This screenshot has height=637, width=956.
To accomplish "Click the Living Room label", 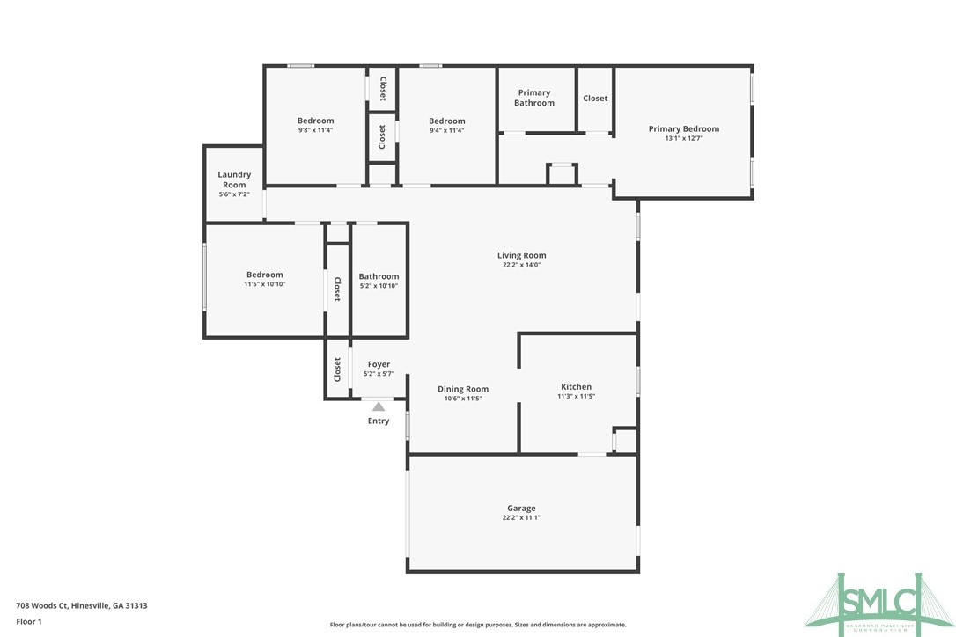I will coord(521,255).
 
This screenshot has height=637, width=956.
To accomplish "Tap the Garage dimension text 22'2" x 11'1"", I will coord(521,518).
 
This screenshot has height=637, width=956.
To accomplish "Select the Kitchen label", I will coord(577,386).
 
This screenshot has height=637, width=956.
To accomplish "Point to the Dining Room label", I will coord(463,389).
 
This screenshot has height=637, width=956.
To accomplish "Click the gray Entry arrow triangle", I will coord(379,406).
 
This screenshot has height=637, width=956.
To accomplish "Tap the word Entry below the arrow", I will coord(379,421).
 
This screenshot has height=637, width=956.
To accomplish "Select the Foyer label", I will coord(379,364).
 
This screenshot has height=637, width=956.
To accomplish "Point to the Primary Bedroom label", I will coord(683,128).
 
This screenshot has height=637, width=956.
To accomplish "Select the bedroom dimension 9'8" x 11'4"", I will coord(315,130).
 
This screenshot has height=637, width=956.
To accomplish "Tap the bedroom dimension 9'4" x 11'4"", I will coord(446,130).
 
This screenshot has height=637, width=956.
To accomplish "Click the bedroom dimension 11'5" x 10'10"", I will coord(264,284).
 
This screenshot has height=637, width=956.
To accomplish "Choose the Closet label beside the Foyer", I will coord(337,370).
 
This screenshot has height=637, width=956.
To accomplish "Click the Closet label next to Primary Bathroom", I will coord(595,98).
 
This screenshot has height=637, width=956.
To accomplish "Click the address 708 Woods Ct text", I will coord(82,605).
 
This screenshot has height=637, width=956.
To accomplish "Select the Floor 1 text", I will coord(29,621).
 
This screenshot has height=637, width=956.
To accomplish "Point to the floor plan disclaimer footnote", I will coord(478,625).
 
